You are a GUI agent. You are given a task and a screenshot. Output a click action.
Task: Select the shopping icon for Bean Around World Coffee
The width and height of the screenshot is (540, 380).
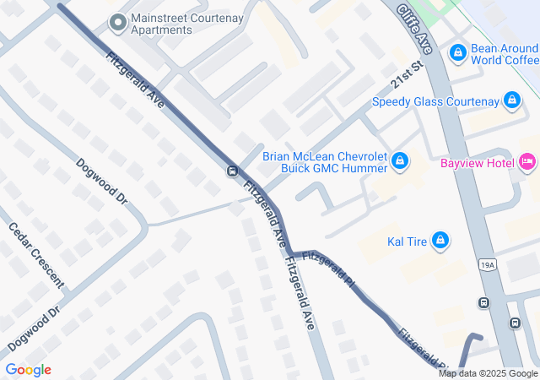point(458,53)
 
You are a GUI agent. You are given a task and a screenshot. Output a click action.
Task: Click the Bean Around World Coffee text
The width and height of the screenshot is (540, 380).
point(505,54)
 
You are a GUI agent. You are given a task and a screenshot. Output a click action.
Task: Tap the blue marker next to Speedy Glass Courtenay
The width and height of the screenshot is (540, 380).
point(510,101)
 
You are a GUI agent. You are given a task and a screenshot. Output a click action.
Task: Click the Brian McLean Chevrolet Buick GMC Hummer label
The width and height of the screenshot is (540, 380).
point(325,162)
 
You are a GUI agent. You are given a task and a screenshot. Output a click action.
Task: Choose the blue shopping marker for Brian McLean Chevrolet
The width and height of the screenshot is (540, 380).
point(401,160)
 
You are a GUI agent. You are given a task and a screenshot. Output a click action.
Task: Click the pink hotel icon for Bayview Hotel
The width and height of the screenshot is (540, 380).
point(527,160)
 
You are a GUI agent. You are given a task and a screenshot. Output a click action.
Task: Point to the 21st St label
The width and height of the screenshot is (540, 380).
point(407,84)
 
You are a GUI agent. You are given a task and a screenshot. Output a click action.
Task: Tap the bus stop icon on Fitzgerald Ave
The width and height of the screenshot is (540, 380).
point(231,171)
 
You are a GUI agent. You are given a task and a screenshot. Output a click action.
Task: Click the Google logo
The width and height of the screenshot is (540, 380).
point(28,370)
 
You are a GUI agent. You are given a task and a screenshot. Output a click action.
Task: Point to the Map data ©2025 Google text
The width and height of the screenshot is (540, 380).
point(488,373)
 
